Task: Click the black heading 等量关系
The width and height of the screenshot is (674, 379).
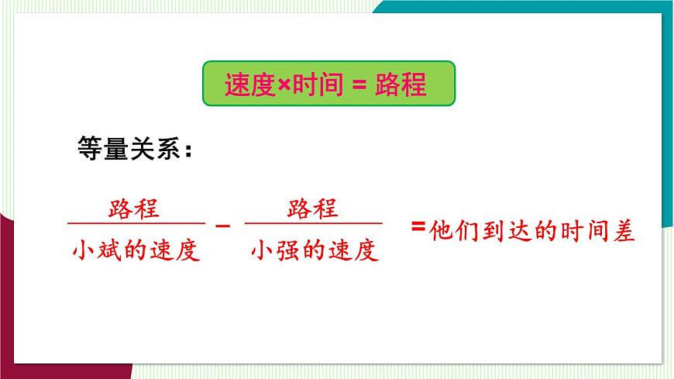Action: point(128,147)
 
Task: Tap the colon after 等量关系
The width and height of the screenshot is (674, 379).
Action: point(186,150)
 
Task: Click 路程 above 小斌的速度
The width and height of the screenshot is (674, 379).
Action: point(135,208)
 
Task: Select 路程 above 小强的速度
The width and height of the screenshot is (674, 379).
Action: point(313,208)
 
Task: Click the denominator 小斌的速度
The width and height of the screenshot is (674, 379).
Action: point(136,250)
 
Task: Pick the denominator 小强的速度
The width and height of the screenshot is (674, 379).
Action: point(315,250)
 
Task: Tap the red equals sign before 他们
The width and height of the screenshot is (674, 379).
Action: point(418,226)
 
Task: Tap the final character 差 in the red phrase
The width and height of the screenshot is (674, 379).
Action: point(623,232)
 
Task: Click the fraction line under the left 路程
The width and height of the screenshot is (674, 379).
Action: point(136,224)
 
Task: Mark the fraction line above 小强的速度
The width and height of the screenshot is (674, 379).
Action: point(314,224)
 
